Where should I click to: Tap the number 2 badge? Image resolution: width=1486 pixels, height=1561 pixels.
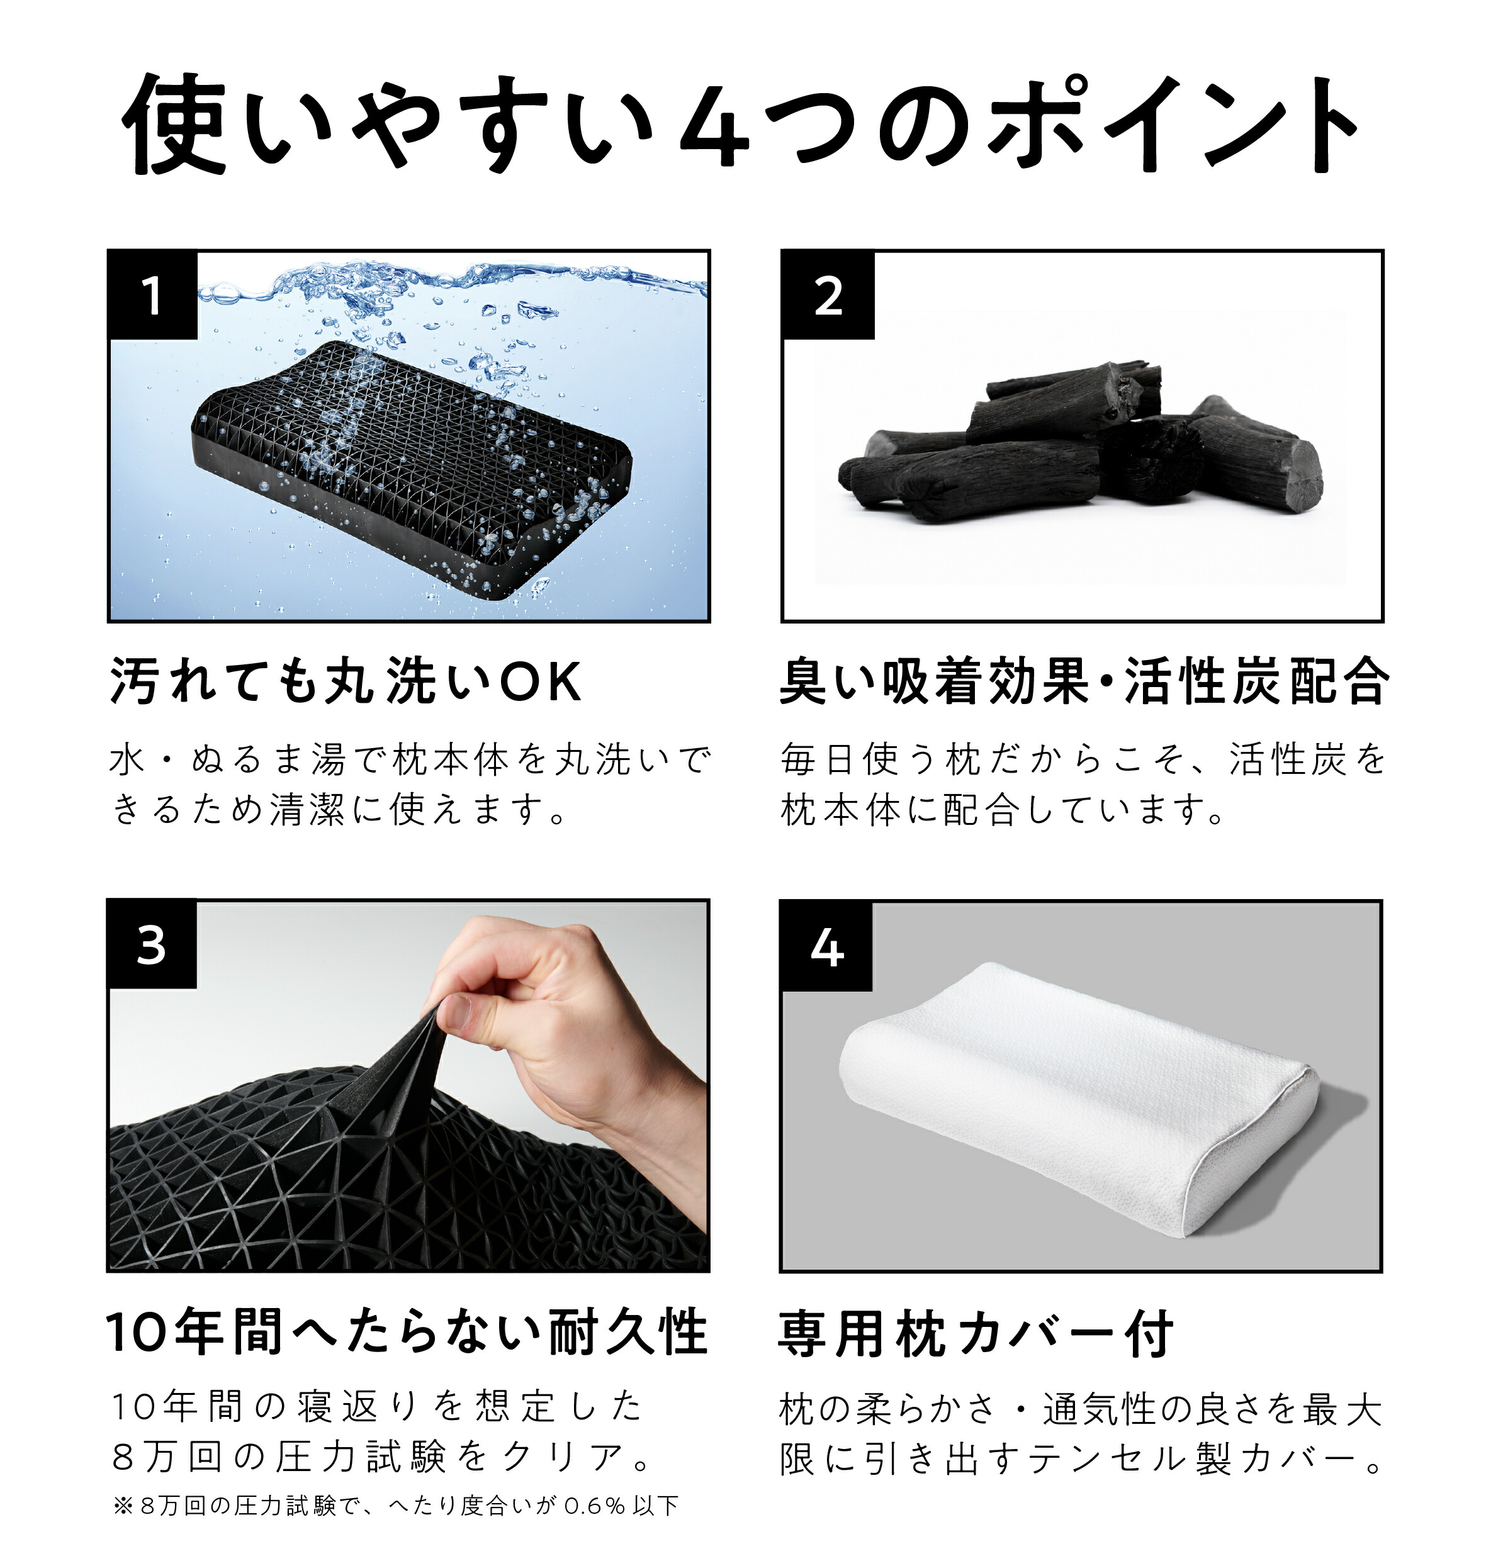tap(828, 296)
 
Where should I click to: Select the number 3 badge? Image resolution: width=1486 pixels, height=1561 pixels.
tap(151, 944)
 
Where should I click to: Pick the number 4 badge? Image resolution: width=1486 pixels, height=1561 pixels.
tap(826, 946)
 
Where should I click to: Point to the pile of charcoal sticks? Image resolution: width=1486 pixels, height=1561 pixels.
tap(1081, 444)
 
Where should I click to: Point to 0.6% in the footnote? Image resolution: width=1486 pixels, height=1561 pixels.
tap(594, 1506)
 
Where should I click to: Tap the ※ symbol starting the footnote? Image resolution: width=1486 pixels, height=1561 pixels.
tap(123, 1506)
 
